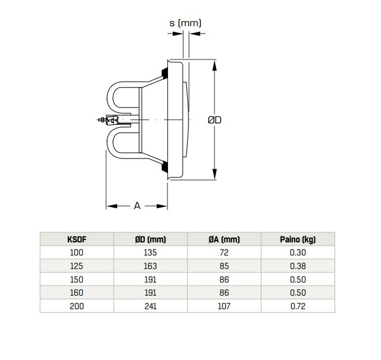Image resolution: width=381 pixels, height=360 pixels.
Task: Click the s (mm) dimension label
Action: point(185,23)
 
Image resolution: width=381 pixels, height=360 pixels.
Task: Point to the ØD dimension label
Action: point(214,120)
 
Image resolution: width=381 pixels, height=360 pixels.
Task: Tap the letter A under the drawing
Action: point(137,206)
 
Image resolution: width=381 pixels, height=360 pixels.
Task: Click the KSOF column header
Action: point(77,239)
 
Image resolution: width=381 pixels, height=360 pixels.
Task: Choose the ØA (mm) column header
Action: point(224,239)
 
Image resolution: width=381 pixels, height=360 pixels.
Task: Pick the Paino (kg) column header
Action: point(298,239)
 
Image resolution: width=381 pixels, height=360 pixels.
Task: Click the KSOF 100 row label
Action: point(77,253)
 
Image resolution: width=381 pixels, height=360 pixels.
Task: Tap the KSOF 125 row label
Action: point(77,266)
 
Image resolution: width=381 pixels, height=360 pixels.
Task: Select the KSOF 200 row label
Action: point(77,306)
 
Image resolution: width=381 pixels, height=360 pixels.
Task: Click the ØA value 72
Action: point(224,253)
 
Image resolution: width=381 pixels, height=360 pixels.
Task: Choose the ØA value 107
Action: point(224,306)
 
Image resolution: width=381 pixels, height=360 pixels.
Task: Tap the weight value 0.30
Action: point(298,253)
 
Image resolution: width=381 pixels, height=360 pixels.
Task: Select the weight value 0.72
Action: point(298,306)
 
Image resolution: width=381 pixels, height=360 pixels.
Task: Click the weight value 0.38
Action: point(298,266)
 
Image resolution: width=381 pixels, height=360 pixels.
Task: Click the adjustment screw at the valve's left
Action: point(102,120)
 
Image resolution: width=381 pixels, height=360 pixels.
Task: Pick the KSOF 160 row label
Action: point(77,293)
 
